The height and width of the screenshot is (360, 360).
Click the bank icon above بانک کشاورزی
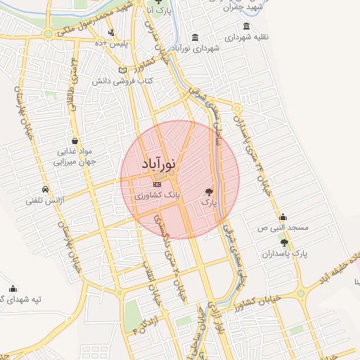156,184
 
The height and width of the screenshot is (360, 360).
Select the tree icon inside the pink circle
208,191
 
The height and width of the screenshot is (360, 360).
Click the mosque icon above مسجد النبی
283,217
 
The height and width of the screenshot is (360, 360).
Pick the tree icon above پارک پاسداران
284,242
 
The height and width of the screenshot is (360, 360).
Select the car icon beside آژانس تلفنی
46,190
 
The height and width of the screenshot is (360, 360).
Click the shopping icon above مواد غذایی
75,141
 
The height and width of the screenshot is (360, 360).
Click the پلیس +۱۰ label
112,44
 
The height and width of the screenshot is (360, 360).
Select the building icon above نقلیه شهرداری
245,26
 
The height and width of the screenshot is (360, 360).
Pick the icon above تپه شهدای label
13,288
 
